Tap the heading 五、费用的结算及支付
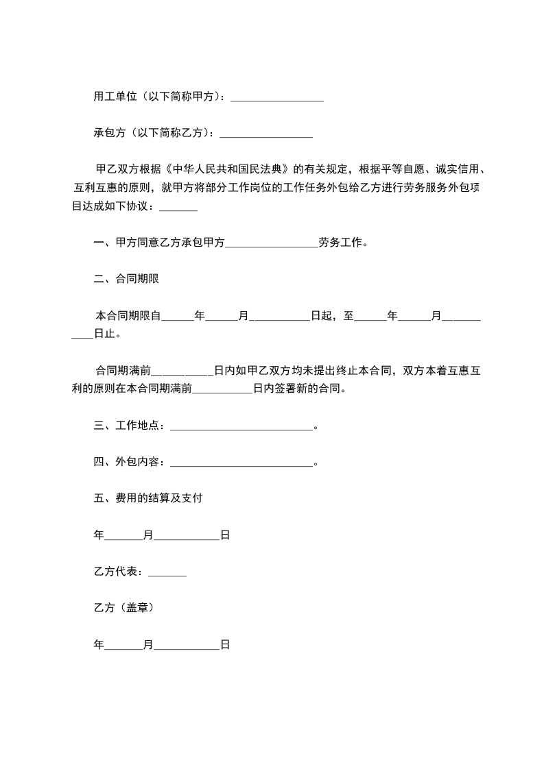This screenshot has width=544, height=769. click(x=147, y=498)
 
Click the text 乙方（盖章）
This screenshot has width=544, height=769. click(x=123, y=607)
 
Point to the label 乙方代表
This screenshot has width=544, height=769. click(x=117, y=572)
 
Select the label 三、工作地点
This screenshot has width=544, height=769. click(x=128, y=426)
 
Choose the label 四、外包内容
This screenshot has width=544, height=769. click(x=128, y=462)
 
